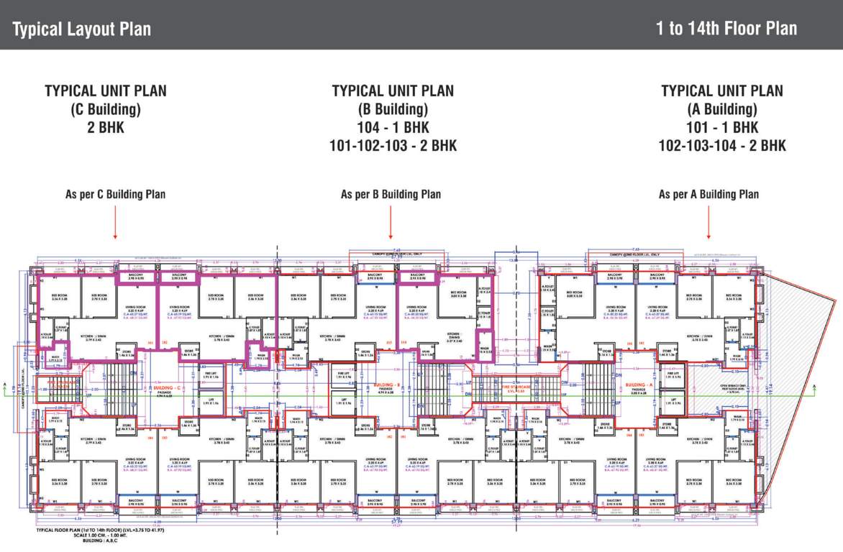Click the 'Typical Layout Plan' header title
tap(82, 29)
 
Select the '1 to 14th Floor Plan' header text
tap(726, 29)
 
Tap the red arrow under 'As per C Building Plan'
tap(115, 222)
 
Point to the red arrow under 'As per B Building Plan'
tap(391, 222)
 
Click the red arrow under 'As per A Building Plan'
tap(708, 222)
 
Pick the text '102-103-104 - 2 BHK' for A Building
tap(722, 146)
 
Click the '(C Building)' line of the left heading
tap(105, 110)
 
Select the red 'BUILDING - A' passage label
tap(639, 385)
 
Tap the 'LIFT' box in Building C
tap(211, 400)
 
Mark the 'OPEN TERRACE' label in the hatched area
tap(720, 387)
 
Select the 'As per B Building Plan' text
tap(391, 194)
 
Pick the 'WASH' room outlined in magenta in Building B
tap(486, 351)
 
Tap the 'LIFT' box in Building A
tap(673, 400)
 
